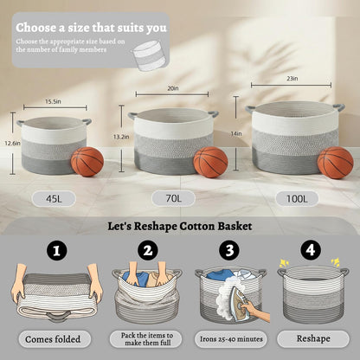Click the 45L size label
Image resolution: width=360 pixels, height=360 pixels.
[x=54, y=199]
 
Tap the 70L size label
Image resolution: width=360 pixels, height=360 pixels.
[x=174, y=198]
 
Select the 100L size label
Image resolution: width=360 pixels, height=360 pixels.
[x=297, y=198]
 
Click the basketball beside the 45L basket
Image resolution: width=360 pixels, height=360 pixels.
[x=87, y=162]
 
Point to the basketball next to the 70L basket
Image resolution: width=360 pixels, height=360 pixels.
[x=211, y=162]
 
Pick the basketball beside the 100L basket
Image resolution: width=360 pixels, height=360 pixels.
[x=336, y=163]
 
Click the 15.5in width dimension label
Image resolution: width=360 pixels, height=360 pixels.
[x=53, y=101]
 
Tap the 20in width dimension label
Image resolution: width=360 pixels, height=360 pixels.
[x=173, y=88]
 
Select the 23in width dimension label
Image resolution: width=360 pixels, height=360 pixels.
[x=292, y=79]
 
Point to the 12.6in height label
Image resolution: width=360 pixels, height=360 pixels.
[x=12, y=143]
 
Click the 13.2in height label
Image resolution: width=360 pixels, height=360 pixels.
[x=121, y=137]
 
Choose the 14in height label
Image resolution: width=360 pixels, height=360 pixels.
[x=236, y=133]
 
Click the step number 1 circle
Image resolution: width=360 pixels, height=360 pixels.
[x=57, y=250]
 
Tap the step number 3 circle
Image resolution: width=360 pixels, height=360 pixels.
[x=229, y=250]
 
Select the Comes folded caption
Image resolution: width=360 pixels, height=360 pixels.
[x=53, y=339]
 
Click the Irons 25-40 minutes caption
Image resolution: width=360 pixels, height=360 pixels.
[x=231, y=339]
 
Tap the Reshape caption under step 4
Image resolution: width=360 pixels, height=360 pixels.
[x=313, y=338]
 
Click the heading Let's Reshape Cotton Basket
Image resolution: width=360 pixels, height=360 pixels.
[x=180, y=226]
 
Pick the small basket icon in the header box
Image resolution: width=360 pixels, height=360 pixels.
[x=150, y=55]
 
